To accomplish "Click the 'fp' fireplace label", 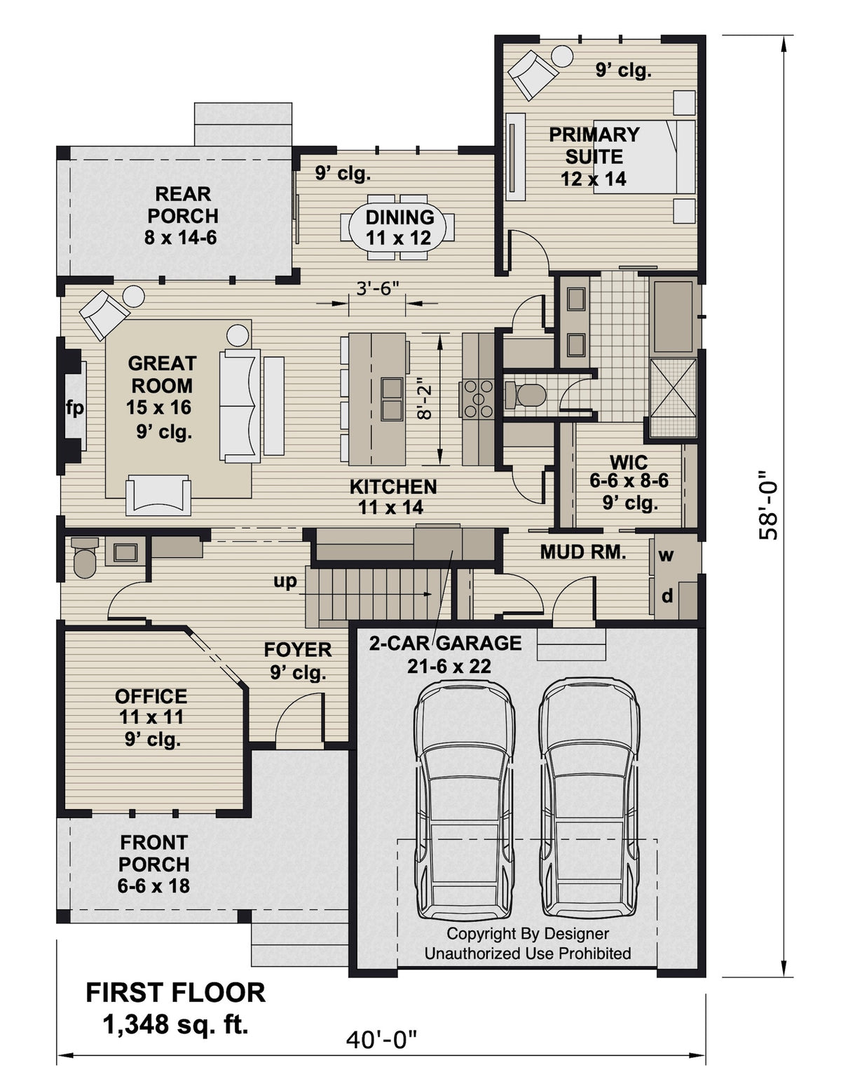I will click(74, 407).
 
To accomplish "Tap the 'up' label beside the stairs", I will click(285, 581).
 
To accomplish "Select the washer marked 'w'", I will click(666, 555).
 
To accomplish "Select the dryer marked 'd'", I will click(667, 596).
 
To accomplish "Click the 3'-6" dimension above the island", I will click(377, 288).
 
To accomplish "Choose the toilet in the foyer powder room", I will click(85, 558).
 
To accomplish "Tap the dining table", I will click(397, 228).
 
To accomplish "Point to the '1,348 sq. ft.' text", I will click(175, 1024).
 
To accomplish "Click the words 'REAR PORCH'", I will click(182, 205).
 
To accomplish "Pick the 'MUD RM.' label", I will click(582, 552).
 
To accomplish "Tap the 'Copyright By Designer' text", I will click(527, 934).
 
